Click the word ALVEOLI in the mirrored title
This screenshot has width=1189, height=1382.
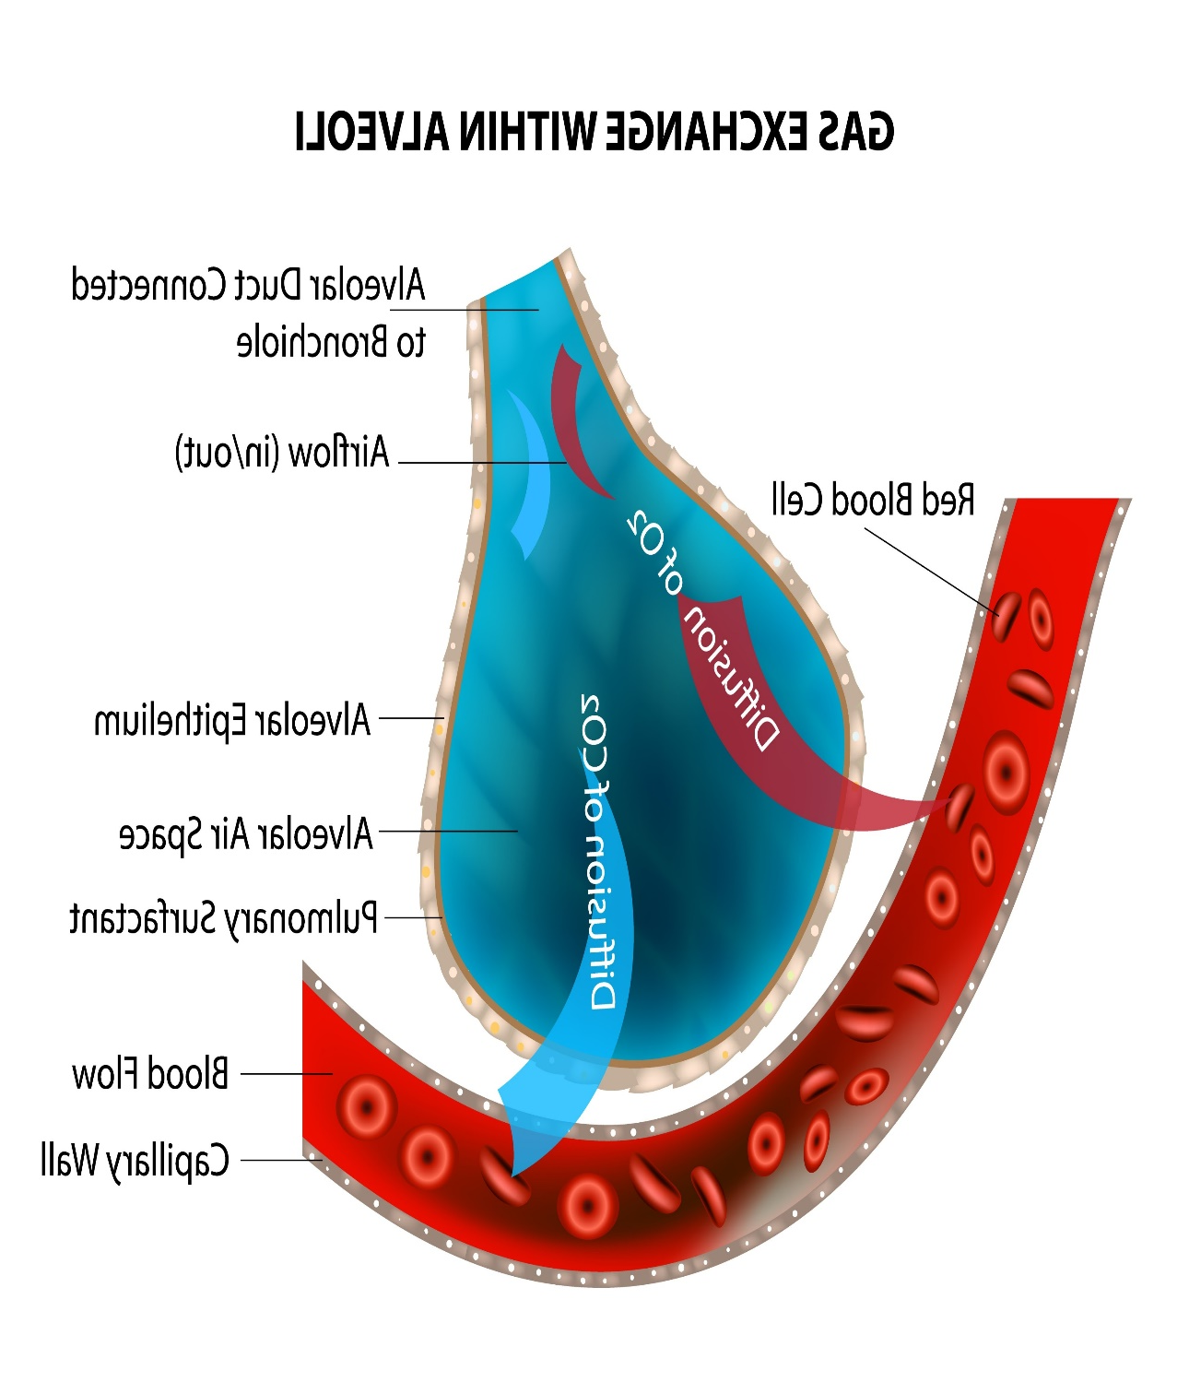[x=371, y=132]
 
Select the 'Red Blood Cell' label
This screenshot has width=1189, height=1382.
[x=873, y=500]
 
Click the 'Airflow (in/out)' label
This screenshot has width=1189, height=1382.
[x=283, y=453]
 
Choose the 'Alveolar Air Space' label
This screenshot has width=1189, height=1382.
[x=246, y=833]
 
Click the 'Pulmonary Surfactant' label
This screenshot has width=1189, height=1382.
[x=224, y=918]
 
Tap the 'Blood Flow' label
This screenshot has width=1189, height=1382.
[x=150, y=1074]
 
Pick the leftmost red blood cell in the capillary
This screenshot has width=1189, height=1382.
[x=366, y=1106]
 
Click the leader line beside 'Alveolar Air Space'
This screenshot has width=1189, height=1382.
[x=449, y=831]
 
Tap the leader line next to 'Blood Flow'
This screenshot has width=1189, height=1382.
[x=286, y=1074]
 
